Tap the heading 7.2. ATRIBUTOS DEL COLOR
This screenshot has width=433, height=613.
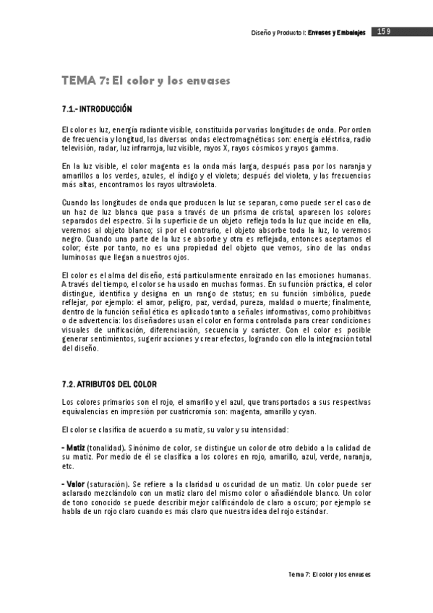click(108, 384)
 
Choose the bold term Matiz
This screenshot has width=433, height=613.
click(74, 449)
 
